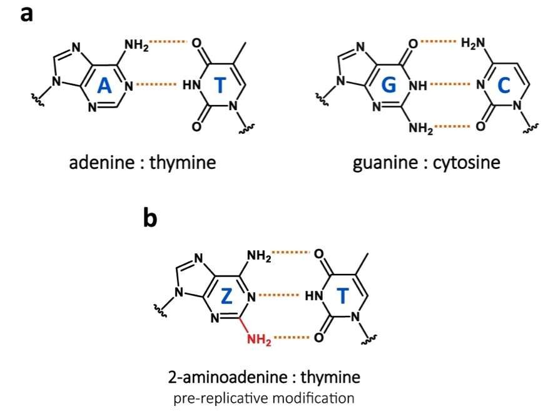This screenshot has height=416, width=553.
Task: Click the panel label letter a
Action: (27, 14)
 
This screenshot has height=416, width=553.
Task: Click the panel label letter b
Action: (150, 218)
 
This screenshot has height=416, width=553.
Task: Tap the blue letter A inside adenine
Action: (104, 86)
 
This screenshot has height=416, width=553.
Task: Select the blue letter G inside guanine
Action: (388, 85)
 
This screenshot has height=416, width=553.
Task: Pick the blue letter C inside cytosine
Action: (504, 86)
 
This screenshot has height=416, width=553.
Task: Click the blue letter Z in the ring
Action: (226, 296)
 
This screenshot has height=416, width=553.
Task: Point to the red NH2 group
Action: (259, 340)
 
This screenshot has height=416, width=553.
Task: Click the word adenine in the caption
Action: (102, 163)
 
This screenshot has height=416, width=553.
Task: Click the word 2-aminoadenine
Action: (228, 377)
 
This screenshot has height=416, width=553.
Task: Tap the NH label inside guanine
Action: (418, 85)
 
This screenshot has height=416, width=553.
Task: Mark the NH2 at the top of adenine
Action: (137, 45)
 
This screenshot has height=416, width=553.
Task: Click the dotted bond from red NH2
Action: (292, 338)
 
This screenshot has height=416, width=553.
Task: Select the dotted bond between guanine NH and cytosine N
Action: (450, 84)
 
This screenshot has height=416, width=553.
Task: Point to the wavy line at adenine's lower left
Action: (38, 99)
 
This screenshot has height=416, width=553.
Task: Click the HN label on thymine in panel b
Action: (314, 296)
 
